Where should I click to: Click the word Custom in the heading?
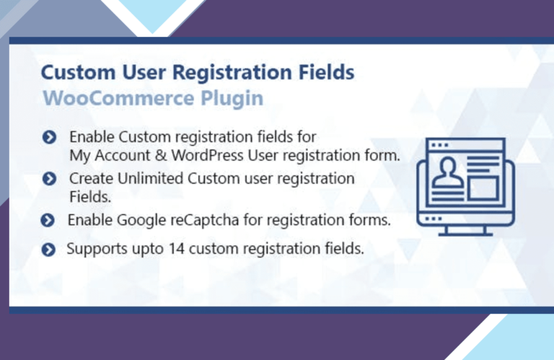(78, 72)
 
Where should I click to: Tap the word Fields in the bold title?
(327, 71)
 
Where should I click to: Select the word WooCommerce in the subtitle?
(118, 98)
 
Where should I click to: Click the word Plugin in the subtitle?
(232, 99)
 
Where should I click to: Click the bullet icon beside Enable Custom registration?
(49, 137)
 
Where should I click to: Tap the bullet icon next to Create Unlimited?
(49, 179)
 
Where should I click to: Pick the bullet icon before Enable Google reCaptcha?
(48, 221)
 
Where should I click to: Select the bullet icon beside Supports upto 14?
(48, 250)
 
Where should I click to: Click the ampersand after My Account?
(161, 155)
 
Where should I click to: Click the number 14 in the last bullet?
(176, 249)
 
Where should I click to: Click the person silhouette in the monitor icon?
(448, 172)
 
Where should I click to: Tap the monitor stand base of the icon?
(466, 233)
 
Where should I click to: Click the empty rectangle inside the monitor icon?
(483, 188)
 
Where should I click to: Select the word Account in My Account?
(123, 155)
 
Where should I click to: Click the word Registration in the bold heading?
(232, 73)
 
